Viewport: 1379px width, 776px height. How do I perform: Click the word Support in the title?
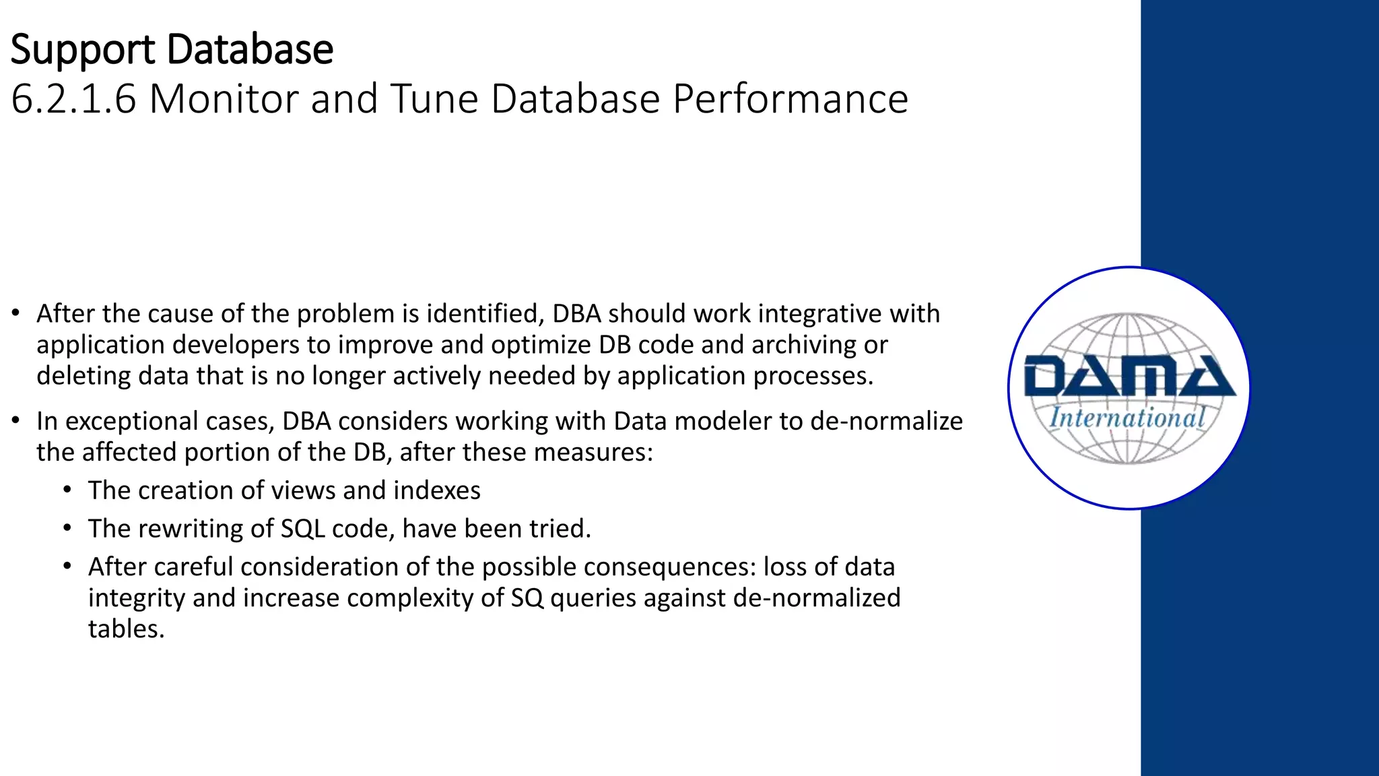point(83,51)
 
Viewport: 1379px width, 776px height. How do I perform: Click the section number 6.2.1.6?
point(74,99)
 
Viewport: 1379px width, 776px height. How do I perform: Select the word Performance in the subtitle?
point(791,99)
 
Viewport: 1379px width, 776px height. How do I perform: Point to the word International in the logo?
point(1127,418)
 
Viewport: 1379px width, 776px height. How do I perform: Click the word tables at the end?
point(125,629)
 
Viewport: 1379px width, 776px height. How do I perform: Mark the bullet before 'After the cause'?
point(16,313)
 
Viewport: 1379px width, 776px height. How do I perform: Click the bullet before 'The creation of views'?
point(67,490)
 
